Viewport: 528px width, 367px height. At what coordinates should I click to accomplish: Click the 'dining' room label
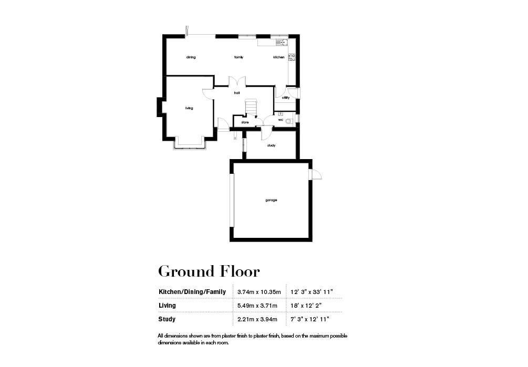pyautogui.click(x=191, y=57)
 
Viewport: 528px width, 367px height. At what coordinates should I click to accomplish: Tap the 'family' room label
pyautogui.click(x=239, y=57)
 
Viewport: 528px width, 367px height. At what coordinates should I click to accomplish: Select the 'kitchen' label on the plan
pyautogui.click(x=278, y=57)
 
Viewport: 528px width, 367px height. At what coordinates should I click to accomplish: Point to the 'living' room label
pyautogui.click(x=189, y=108)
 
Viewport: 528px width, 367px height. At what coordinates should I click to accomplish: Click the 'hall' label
pyautogui.click(x=237, y=93)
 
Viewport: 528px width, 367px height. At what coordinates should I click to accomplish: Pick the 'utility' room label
pyautogui.click(x=286, y=98)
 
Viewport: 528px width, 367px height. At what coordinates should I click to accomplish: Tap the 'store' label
pyautogui.click(x=245, y=122)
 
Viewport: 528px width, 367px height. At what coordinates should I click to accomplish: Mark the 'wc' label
pyautogui.click(x=281, y=120)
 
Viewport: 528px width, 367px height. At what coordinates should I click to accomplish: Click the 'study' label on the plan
pyautogui.click(x=271, y=145)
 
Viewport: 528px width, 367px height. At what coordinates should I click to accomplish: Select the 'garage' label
pyautogui.click(x=271, y=200)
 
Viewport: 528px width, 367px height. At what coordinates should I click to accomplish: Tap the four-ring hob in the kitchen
pyautogui.click(x=292, y=57)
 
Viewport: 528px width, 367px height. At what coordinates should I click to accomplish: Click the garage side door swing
pyautogui.click(x=316, y=175)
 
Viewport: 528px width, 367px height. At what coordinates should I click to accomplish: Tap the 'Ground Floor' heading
pyautogui.click(x=209, y=271)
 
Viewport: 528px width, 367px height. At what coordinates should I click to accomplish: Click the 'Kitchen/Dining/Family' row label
pyautogui.click(x=192, y=291)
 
